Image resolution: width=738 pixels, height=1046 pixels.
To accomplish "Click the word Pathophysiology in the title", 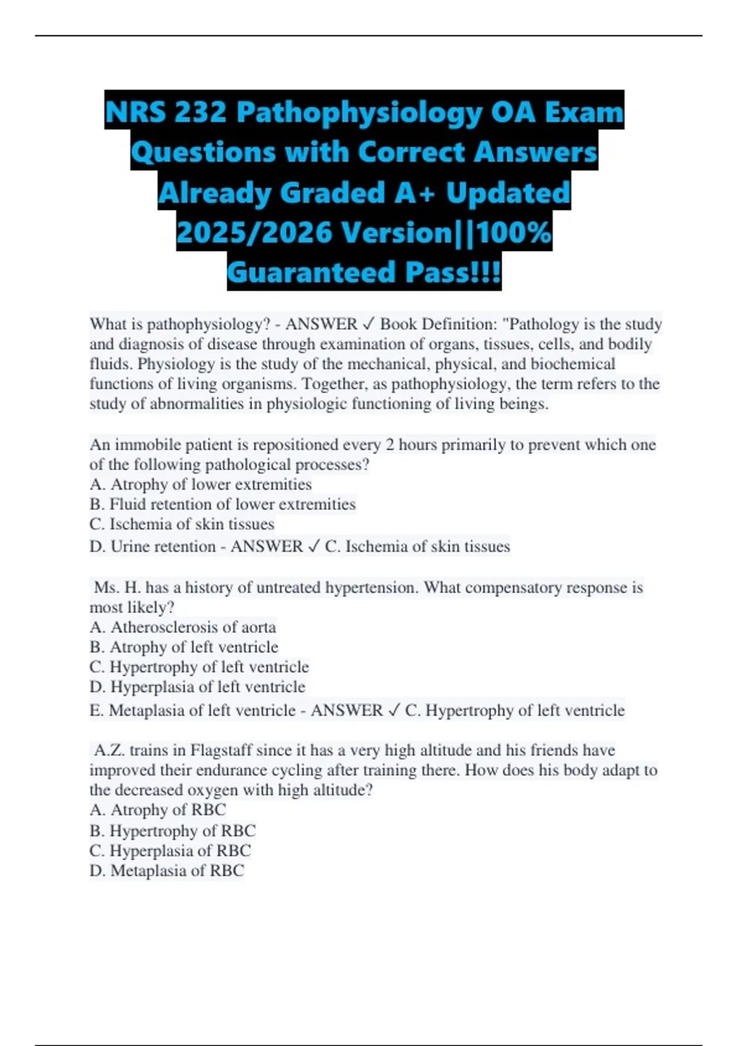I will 359,112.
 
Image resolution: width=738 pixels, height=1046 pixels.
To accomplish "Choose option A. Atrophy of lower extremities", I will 200,484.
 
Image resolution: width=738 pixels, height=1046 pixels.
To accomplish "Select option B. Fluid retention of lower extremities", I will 223,504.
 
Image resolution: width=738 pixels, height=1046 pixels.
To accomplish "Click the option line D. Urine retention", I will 152,546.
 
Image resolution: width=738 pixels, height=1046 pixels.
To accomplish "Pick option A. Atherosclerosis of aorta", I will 183,627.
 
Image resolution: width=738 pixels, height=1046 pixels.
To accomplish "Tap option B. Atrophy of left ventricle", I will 184,647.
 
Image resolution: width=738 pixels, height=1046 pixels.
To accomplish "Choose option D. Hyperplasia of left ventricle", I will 197,687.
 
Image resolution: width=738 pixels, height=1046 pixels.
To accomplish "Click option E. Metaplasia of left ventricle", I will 192,710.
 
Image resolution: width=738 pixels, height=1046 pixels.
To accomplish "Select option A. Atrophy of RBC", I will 158,810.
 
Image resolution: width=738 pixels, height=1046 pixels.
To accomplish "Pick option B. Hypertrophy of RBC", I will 173,831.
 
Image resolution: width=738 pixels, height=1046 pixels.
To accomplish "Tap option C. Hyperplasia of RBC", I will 170,850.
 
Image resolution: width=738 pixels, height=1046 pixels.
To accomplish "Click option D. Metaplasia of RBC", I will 167,871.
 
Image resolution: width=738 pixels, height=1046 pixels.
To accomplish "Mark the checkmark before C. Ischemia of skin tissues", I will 313,546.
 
